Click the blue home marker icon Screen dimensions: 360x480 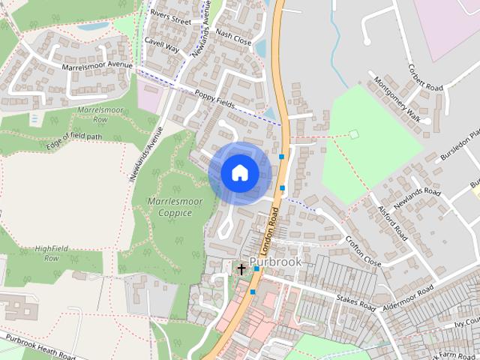(239, 173)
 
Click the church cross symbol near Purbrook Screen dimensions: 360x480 (241, 268)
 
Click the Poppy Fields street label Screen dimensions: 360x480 (215, 97)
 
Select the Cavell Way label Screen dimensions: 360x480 (163, 46)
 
